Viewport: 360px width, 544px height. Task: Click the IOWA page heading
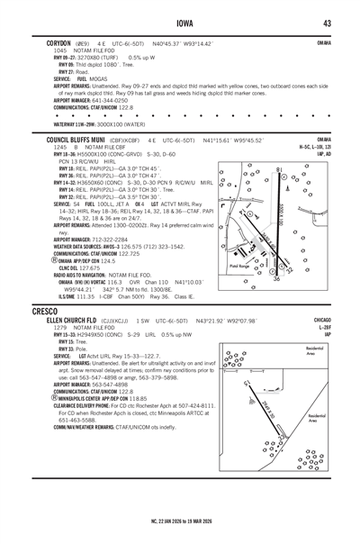click(180, 23)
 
